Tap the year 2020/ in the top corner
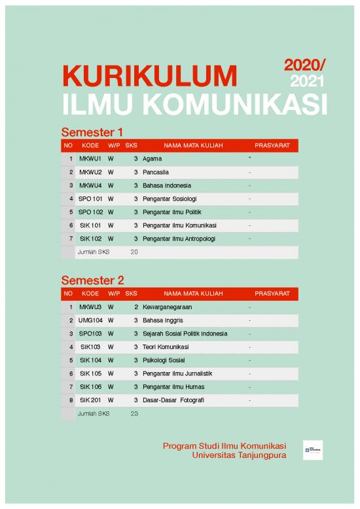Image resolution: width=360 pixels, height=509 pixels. coord(305,65)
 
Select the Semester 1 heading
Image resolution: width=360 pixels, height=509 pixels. coord(92,130)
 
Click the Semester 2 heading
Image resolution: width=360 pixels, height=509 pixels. coord(92,280)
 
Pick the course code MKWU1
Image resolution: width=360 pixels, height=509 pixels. coord(90,159)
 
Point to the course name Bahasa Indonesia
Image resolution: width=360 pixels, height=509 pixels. coord(167,185)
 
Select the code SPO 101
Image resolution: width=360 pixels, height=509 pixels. coord(90,198)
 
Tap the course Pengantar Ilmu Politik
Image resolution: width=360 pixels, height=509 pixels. coord(174,212)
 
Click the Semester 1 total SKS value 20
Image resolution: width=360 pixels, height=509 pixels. coord(134,252)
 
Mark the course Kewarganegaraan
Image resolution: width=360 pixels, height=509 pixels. coord(167,307)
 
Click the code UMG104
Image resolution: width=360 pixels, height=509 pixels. coord(90,320)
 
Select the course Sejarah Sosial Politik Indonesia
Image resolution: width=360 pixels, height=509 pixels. coord(185,333)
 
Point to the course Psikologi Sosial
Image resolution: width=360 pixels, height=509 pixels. coord(164,360)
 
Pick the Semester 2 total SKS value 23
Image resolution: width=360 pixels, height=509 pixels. coord(134,413)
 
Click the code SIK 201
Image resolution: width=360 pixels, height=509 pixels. coord(90,400)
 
